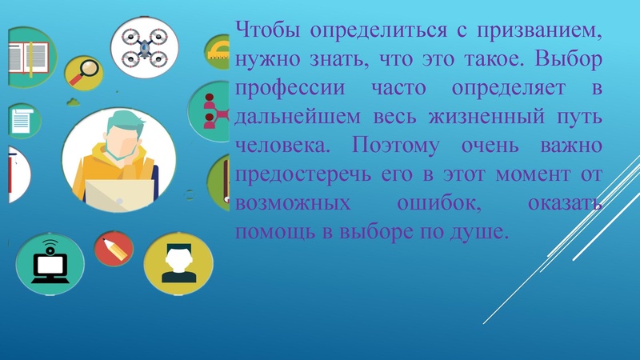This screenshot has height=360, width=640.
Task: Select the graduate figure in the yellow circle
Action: (178, 263)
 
